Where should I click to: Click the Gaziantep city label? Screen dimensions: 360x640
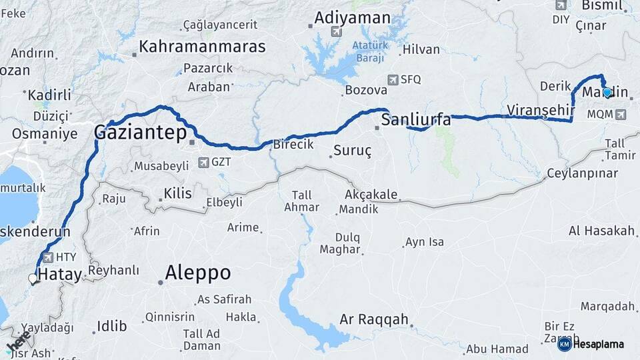tap(141, 132)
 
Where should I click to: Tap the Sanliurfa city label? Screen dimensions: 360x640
tap(416, 121)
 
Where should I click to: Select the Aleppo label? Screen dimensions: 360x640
tap(197, 273)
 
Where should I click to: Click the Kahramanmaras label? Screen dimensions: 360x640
tap(201, 47)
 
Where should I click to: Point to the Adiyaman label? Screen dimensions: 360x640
tap(351, 18)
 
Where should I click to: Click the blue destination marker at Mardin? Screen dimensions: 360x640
tap(607, 93)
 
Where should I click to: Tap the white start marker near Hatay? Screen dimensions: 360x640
tap(33, 279)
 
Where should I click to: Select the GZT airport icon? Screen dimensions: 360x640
tap(203, 162)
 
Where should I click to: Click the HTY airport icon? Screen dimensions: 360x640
tap(48, 257)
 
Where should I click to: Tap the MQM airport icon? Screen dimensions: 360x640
tap(621, 115)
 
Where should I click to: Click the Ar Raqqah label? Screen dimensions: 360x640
tap(373, 320)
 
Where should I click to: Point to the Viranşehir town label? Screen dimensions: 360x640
tap(540, 109)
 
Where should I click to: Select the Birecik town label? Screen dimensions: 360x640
tap(293, 145)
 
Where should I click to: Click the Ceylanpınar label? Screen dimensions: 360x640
tap(583, 173)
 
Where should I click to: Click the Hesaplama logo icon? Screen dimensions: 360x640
tap(564, 344)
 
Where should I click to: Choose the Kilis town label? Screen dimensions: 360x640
tap(177, 194)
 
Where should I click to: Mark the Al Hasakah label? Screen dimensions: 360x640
tap(601, 231)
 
